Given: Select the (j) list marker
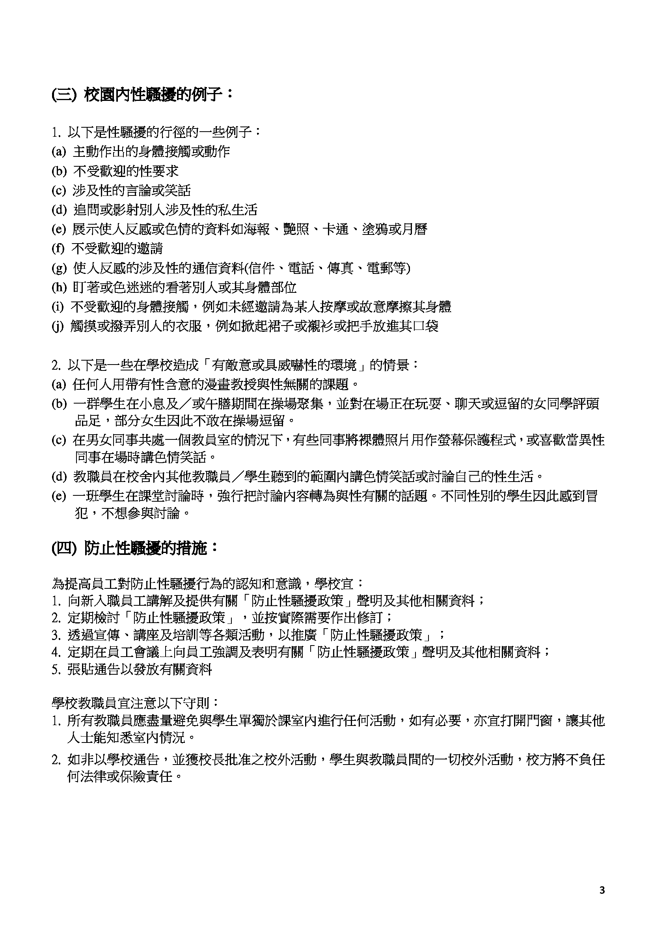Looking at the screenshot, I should [x=58, y=326].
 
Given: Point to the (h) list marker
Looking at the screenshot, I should [x=59, y=287].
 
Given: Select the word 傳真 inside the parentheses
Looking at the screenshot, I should [x=340, y=268].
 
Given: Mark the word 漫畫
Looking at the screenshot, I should [x=216, y=384].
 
